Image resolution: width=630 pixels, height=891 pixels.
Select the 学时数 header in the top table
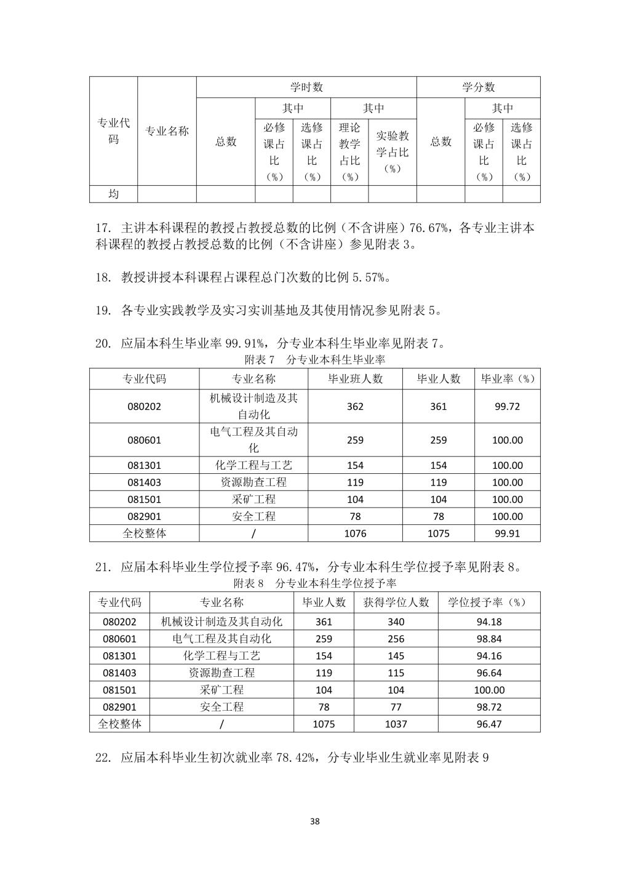[306, 87]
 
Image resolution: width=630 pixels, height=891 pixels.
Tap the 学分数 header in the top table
[478, 87]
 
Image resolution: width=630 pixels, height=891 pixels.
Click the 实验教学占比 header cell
[392, 152]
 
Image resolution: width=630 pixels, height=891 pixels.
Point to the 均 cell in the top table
[113, 194]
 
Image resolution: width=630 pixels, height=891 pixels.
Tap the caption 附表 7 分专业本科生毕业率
[315, 359]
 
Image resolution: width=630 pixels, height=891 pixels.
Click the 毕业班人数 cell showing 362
[355, 406]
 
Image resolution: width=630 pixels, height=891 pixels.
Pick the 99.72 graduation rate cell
[507, 406]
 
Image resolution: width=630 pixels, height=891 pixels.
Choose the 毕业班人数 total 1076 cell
[355, 533]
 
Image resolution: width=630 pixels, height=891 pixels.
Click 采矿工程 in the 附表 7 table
[253, 500]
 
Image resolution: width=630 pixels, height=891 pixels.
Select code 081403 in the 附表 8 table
[119, 673]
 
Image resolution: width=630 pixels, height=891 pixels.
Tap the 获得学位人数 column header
[396, 602]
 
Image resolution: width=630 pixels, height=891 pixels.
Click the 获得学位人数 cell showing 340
[396, 622]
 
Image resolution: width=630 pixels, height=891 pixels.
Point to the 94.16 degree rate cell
[489, 656]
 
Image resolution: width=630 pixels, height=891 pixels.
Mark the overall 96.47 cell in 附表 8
[489, 724]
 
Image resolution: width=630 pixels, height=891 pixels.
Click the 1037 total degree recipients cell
[396, 724]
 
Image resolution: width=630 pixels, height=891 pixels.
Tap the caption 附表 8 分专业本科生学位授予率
[315, 583]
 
